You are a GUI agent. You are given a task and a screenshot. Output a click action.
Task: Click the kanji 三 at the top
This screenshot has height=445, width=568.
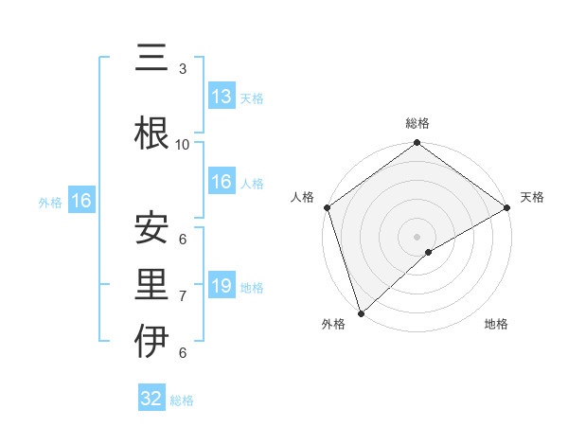point(151,60)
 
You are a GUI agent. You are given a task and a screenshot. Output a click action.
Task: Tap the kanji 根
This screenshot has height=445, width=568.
point(151,133)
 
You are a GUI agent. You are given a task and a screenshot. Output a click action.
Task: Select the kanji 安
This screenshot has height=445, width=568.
point(151,228)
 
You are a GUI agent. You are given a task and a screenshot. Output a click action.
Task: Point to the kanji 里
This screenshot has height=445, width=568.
point(151,284)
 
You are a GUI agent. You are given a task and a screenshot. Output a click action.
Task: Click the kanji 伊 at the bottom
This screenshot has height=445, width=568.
point(151,341)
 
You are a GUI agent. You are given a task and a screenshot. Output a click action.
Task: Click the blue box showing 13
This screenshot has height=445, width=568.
point(222,97)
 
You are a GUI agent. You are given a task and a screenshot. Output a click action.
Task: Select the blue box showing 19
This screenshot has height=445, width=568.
point(222,287)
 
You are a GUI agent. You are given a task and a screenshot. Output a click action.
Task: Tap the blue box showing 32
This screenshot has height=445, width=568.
point(151,399)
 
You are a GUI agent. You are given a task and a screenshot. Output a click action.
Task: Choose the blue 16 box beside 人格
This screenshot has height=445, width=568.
point(222,183)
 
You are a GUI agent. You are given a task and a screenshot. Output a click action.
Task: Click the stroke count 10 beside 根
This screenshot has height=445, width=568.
point(183,144)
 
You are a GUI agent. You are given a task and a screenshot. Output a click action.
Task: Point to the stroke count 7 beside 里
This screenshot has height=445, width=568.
point(183,295)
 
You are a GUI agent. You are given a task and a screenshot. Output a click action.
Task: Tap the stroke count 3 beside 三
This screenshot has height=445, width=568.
point(183,69)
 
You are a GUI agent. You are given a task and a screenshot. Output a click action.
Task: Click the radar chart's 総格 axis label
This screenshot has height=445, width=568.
point(417,123)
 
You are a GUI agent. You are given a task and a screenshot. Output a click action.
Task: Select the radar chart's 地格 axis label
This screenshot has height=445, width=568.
point(496,325)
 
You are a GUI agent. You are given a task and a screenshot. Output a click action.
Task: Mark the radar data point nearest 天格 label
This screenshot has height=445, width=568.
point(507,207)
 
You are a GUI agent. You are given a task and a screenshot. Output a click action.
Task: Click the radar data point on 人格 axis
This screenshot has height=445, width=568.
point(327,207)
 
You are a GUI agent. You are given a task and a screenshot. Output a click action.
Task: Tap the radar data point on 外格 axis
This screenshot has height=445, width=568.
point(361,312)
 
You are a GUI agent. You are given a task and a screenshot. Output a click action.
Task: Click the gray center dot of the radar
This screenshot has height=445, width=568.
point(417,236)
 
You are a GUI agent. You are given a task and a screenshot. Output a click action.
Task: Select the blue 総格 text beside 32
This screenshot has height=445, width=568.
point(182,400)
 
